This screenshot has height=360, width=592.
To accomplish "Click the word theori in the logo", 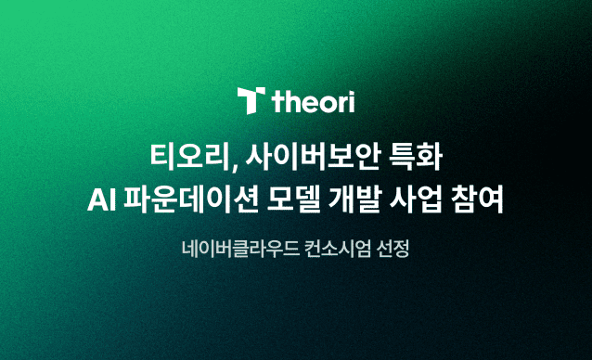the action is [x=313, y=101].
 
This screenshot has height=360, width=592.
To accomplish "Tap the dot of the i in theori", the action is [x=351, y=93].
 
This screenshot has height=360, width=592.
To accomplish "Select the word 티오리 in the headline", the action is [x=189, y=157].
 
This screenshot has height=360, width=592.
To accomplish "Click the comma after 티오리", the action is [x=234, y=166].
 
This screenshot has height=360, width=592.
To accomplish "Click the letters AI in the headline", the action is [x=101, y=200].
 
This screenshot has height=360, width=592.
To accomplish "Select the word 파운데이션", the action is [x=191, y=199].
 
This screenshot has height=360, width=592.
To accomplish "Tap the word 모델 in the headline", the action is [x=293, y=199].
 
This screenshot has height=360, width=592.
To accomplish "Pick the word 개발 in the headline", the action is [x=354, y=199].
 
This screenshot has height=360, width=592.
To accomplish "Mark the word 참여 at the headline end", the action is [x=477, y=199].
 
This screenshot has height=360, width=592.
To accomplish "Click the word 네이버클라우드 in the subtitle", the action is [x=240, y=249].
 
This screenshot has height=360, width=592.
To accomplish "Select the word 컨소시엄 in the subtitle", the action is [x=338, y=249].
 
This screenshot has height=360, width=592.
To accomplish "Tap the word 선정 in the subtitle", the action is [x=393, y=249].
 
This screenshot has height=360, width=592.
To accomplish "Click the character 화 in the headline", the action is [x=430, y=157].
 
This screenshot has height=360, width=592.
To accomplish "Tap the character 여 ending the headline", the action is [x=492, y=199].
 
